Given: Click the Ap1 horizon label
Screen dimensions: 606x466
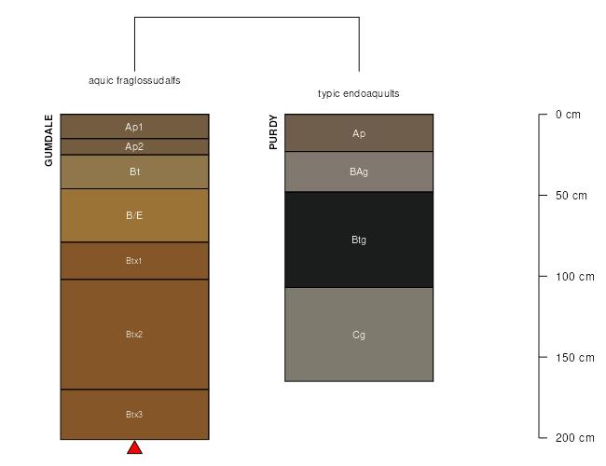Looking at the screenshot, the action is [x=134, y=127].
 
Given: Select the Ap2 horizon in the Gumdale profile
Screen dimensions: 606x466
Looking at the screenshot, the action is [x=134, y=146].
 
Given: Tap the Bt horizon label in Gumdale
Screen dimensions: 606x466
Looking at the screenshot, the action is [x=134, y=171].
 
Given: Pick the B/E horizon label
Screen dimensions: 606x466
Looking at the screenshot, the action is [x=134, y=215].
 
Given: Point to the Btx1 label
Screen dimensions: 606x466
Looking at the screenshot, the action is [x=133, y=261].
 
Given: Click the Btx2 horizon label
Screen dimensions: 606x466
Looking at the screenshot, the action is [x=134, y=335].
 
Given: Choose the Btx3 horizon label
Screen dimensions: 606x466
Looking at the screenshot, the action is [x=134, y=414].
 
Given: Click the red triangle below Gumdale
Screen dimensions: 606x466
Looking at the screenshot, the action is [x=134, y=448].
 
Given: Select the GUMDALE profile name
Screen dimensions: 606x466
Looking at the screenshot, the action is [x=48, y=140].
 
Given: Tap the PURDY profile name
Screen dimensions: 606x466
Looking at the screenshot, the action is [x=273, y=131].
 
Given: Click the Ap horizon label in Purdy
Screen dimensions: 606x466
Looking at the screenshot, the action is [x=359, y=133].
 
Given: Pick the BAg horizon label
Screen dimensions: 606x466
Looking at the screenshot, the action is [x=359, y=171].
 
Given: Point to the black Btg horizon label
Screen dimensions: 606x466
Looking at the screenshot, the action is [x=359, y=240].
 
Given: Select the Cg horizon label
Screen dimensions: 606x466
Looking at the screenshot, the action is [x=359, y=335].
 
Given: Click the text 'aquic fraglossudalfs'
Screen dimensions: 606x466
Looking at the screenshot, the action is [x=134, y=80].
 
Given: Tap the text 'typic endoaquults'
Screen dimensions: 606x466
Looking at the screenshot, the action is [x=359, y=93].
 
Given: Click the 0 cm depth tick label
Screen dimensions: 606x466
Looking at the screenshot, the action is [x=568, y=115].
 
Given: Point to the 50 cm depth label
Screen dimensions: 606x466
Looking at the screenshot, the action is [x=572, y=196].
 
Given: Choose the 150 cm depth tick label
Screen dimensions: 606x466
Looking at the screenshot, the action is [x=575, y=357].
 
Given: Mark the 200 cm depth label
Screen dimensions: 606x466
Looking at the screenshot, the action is [x=575, y=438].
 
